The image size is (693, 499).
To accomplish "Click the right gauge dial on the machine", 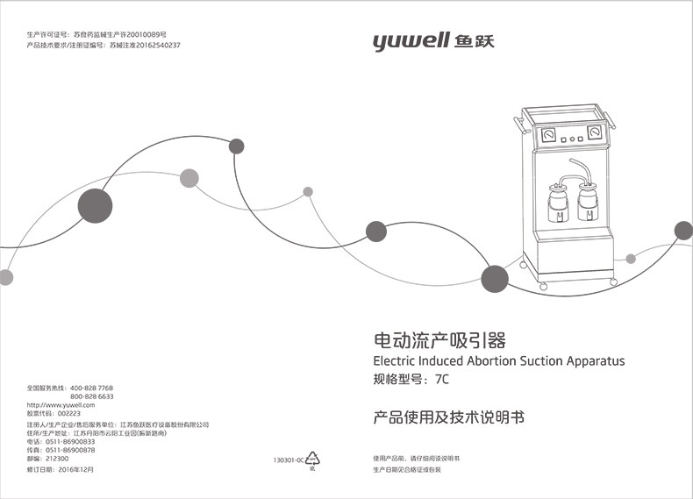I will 597,134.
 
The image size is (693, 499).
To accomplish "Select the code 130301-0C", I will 288,460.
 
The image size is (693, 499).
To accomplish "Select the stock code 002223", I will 68,414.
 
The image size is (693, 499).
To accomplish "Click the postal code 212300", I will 57,459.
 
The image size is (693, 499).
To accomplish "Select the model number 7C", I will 441,381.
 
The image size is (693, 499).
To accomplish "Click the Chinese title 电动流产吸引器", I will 439,340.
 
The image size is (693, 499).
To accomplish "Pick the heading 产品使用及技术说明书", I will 448,418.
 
